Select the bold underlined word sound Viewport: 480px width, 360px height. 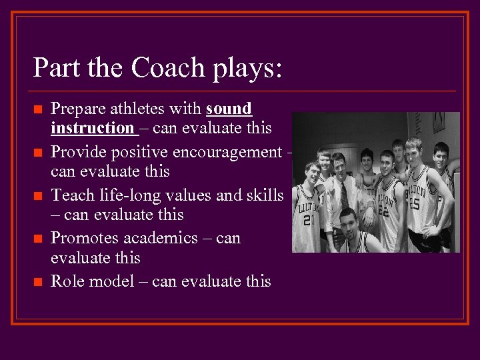(229, 108)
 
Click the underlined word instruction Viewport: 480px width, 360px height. (92, 127)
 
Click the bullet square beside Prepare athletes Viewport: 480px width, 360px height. (37, 109)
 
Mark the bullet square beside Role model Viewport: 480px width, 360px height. (37, 282)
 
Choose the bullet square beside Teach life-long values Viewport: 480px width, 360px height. (37, 196)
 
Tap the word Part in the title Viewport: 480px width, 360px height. (56, 68)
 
